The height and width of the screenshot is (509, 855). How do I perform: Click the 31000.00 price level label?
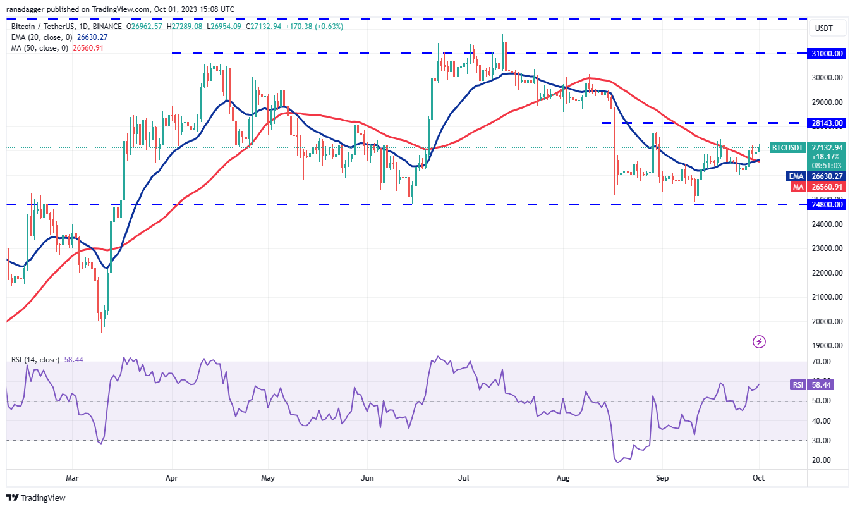point(828,54)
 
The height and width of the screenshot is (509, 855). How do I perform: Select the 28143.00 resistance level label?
point(828,123)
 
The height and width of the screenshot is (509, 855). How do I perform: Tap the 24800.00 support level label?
point(828,205)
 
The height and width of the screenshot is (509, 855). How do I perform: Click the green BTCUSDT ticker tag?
point(787,148)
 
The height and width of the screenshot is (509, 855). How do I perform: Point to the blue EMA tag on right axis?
point(795,176)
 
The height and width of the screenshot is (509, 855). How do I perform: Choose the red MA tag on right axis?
point(796,187)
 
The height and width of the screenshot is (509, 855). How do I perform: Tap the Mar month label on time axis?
point(73,478)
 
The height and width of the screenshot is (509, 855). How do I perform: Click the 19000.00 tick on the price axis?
point(828,346)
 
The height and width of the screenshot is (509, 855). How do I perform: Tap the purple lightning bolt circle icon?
point(759,341)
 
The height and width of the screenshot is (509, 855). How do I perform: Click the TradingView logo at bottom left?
point(37,498)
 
